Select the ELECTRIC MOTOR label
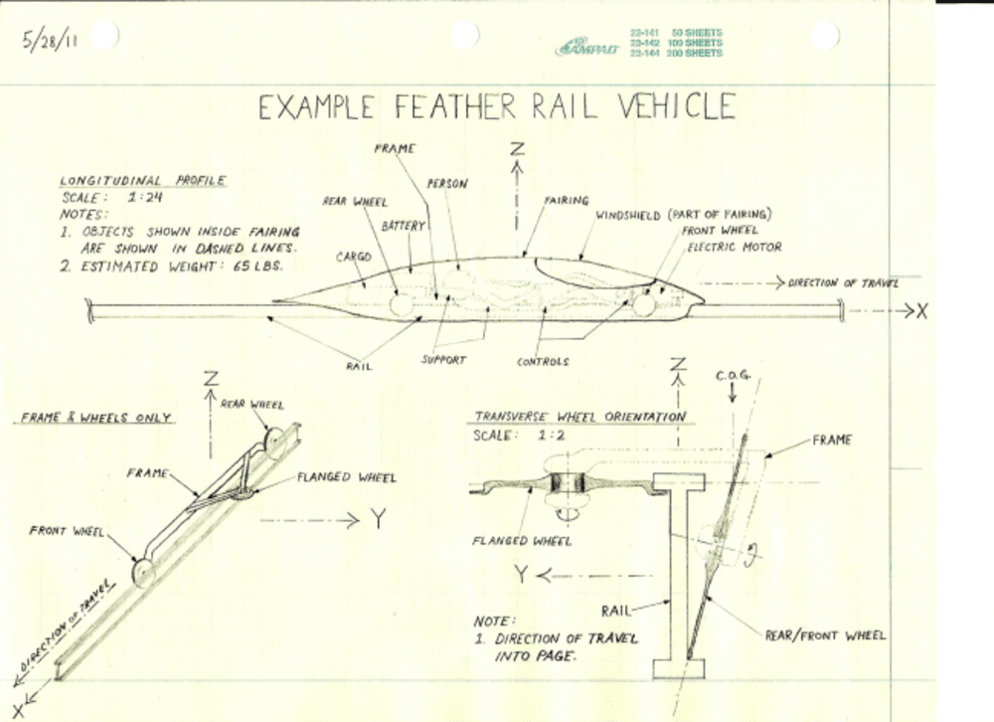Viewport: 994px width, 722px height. coord(735,247)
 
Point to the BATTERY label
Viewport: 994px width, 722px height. coord(404,227)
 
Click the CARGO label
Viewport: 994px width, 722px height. coord(354,257)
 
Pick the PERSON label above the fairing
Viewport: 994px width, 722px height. coord(447,184)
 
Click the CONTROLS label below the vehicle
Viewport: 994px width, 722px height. coord(543,362)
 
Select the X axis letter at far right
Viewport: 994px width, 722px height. coord(921,311)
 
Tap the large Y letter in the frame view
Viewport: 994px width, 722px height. coord(379,518)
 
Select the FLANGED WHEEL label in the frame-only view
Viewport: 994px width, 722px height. coord(346,477)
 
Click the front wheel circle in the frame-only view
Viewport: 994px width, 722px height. coord(142,572)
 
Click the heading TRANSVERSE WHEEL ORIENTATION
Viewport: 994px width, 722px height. coord(579,417)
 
